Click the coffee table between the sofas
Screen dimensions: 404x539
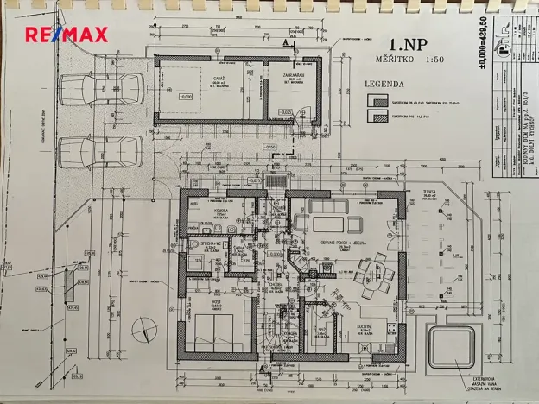[333, 224]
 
